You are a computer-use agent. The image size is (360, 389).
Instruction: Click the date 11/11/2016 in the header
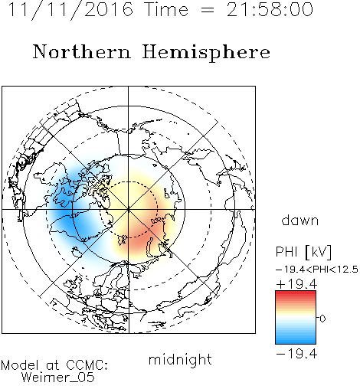70,10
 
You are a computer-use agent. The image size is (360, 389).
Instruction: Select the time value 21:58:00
270,10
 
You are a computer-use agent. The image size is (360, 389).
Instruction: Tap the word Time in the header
166,10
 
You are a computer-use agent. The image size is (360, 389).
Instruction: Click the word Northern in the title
82,52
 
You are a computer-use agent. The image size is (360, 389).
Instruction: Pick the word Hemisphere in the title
206,53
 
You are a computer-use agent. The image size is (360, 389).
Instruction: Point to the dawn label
300,220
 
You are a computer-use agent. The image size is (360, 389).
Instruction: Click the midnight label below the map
180,359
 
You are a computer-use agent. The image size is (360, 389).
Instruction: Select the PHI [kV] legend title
304,252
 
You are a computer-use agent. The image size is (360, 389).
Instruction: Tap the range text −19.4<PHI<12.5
317,270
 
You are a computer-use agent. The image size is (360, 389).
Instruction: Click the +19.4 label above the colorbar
296,284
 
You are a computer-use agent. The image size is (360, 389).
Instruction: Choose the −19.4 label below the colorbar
296,354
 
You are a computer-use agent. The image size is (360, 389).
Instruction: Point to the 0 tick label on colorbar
322,319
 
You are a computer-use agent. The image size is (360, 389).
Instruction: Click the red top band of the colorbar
296,293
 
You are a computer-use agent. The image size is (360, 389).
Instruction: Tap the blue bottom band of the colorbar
296,341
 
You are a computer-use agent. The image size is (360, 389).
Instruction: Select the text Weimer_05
58,378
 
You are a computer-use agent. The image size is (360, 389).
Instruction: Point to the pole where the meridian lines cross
129,209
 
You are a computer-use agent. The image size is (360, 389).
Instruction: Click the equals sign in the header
208,10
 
